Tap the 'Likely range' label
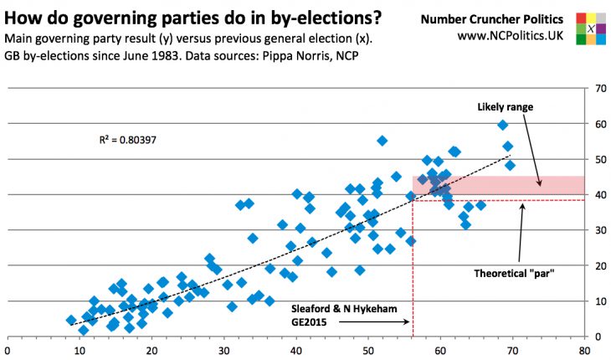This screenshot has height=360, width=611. click(x=506, y=107)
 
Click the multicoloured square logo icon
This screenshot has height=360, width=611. click(x=591, y=27)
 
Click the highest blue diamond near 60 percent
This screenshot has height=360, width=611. click(x=502, y=125)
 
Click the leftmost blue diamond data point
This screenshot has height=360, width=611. click(x=71, y=320)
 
